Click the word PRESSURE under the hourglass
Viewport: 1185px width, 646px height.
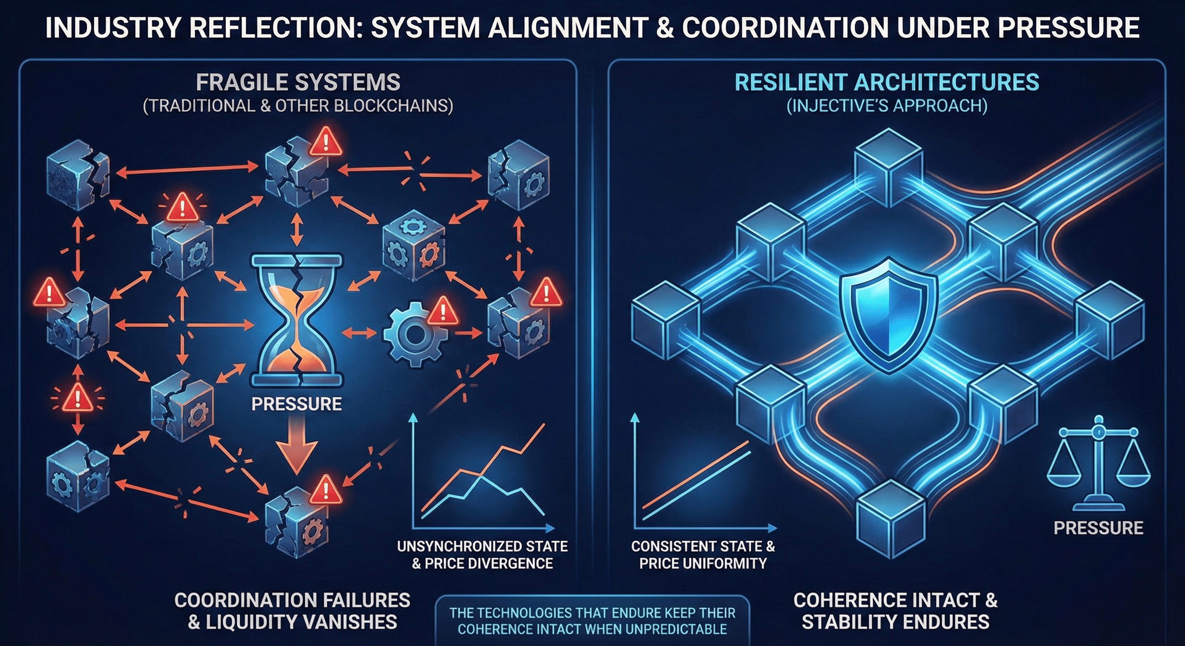297,404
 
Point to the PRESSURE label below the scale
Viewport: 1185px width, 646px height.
1098,528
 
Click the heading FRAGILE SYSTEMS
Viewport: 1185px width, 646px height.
298,83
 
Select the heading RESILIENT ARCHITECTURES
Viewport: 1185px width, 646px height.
887,83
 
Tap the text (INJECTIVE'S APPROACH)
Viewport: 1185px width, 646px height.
887,106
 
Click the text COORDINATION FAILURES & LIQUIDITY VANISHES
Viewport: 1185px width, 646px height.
292,611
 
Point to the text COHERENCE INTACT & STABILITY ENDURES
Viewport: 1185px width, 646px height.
895,611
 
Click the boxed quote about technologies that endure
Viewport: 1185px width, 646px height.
592,621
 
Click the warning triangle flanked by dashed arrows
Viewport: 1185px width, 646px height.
77,398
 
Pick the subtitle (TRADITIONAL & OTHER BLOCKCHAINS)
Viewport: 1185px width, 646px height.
298,106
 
